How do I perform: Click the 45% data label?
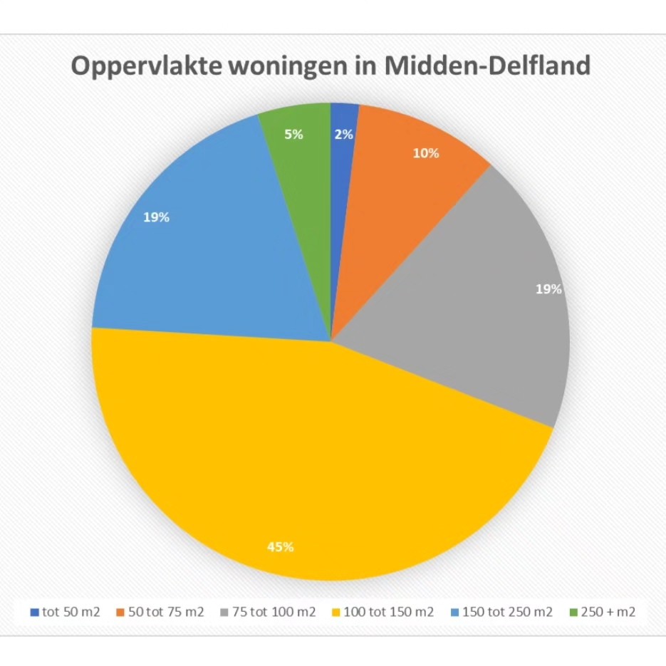click(280, 547)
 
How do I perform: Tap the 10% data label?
click(426, 153)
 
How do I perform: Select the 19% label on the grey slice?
click(548, 289)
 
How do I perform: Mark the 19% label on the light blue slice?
click(156, 218)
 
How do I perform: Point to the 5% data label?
click(293, 133)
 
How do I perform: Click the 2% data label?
click(344, 133)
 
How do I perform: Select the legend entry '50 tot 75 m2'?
click(164, 612)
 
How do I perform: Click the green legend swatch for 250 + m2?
click(575, 612)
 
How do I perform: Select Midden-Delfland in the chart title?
click(488, 66)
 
